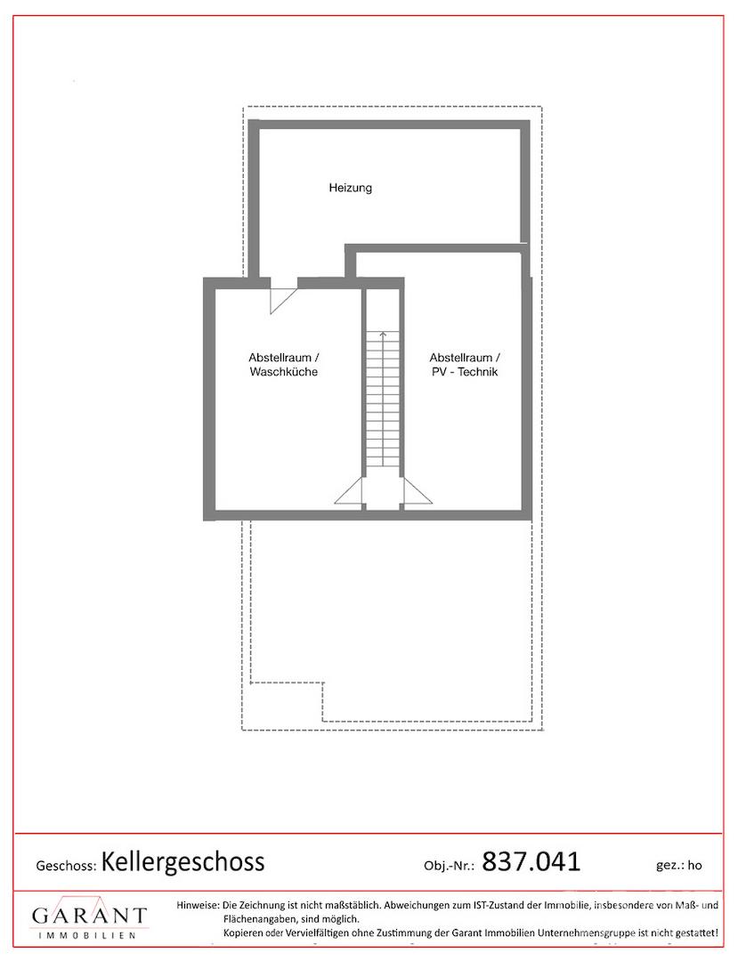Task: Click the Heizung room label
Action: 350,188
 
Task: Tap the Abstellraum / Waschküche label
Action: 284,365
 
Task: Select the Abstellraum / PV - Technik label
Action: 465,365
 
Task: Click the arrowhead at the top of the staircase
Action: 383,334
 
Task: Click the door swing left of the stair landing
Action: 349,491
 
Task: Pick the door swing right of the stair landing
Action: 418,491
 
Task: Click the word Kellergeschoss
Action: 182,861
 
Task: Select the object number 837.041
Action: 531,861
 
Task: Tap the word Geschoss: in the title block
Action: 66,866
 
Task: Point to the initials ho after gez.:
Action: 694,866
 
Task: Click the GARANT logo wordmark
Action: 90,916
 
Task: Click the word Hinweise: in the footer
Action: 198,905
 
